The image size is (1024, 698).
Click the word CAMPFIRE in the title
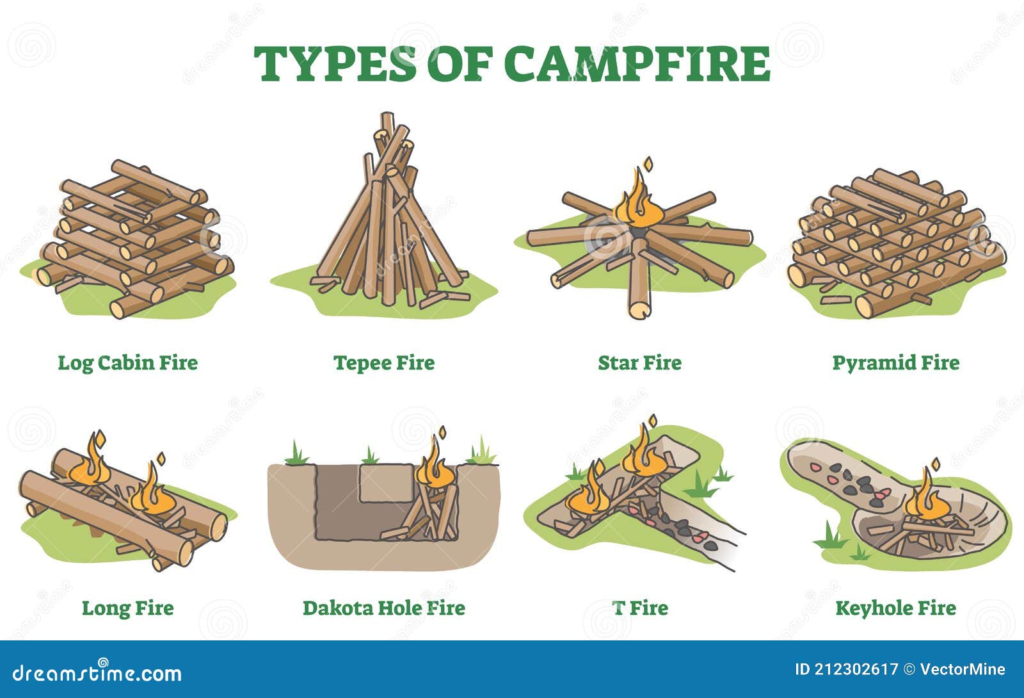click(x=637, y=63)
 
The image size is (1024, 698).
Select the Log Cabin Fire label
click(x=128, y=362)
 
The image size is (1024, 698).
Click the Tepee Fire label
click(x=384, y=362)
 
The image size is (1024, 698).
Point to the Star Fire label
click(x=639, y=362)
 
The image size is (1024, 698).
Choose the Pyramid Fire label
click(x=895, y=362)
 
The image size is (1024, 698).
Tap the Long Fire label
click(x=128, y=608)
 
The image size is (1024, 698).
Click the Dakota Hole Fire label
click(x=384, y=608)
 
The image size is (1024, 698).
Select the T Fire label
click(x=640, y=608)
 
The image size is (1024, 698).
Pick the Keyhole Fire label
click(x=895, y=608)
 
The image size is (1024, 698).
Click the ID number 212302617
click(x=846, y=670)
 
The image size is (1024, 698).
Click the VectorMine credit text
click(x=963, y=670)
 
